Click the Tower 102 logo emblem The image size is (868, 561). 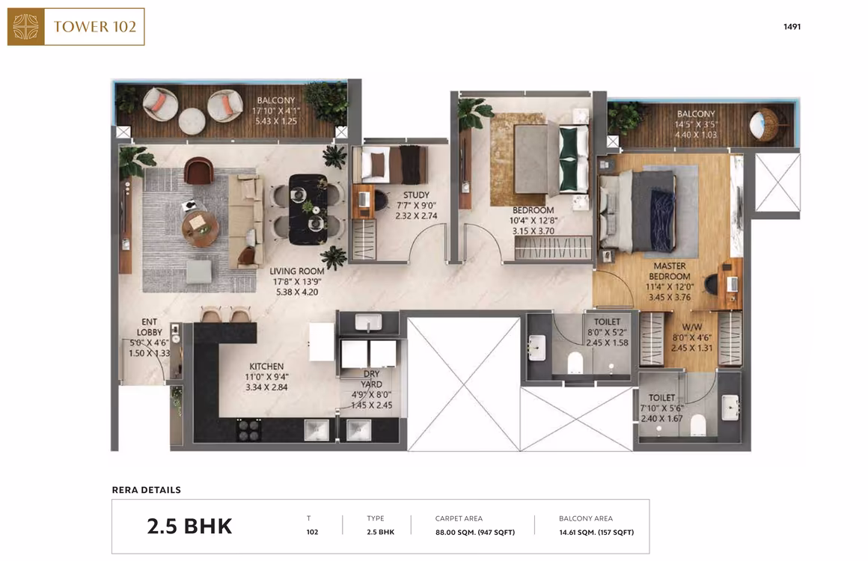(x=25, y=27)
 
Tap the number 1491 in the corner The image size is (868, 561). (x=792, y=27)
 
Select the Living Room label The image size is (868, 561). (x=297, y=271)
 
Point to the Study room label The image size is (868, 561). (x=416, y=194)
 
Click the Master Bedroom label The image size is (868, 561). (x=669, y=271)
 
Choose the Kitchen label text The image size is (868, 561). (x=266, y=367)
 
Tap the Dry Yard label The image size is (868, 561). (x=371, y=379)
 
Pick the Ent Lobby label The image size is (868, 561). (x=150, y=327)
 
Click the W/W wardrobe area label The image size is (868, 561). (x=692, y=327)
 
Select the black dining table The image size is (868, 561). (x=308, y=209)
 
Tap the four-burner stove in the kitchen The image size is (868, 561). (x=248, y=430)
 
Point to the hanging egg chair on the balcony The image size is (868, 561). (x=764, y=124)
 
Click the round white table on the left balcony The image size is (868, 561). (x=192, y=120)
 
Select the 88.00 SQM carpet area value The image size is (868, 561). (x=475, y=533)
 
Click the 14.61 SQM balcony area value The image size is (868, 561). (x=596, y=533)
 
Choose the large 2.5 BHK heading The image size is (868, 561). (x=189, y=526)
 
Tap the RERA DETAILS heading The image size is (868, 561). (x=146, y=490)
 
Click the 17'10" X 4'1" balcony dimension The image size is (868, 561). (x=275, y=111)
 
